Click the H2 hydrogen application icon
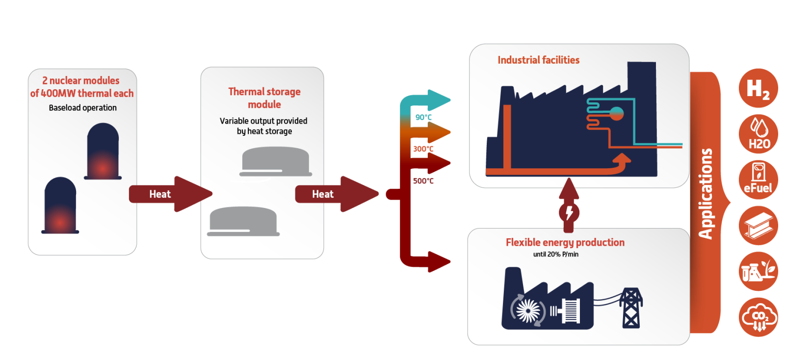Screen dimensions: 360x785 (758, 88)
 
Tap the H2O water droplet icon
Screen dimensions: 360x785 (759, 134)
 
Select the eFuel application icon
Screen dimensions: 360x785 (758, 180)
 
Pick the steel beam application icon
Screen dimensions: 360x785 (758, 226)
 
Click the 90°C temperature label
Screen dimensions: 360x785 (423, 117)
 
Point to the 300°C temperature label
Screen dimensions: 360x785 (423, 149)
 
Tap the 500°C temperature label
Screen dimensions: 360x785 (423, 181)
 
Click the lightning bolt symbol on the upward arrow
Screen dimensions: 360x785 (569, 213)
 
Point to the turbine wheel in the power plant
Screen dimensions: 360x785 (528, 310)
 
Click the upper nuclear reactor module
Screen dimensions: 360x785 (103, 152)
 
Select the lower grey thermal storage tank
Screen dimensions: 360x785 (243, 221)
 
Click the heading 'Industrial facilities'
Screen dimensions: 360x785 (538, 60)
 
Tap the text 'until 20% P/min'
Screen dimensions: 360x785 (555, 254)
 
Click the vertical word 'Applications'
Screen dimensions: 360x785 (706, 194)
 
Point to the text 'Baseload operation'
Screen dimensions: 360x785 (82, 108)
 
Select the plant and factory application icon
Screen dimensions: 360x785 (758, 271)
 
